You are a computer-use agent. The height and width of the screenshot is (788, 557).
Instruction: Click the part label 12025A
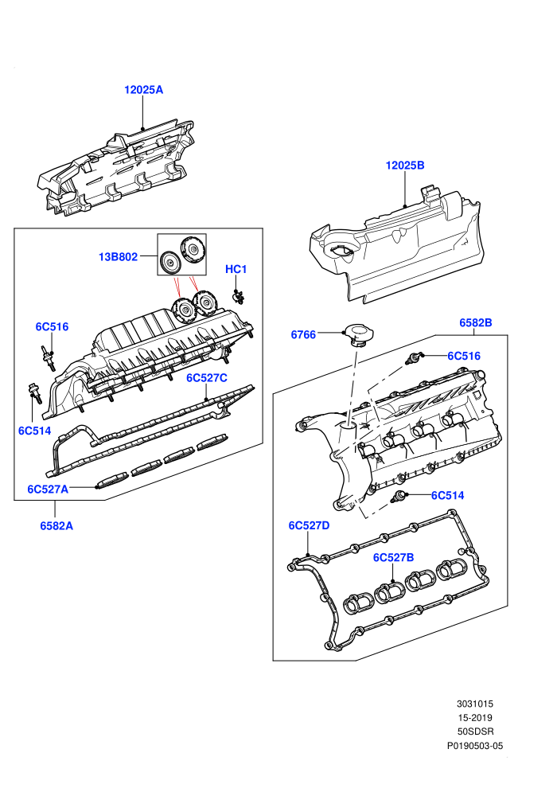coord(144,90)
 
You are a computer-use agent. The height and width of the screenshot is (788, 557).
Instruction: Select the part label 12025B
coord(405,166)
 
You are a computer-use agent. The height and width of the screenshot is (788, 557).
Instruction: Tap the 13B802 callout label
coord(118,257)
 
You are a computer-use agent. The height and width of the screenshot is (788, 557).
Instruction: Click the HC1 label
coord(236,269)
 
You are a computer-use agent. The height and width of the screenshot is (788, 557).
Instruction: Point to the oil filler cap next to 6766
coord(356,335)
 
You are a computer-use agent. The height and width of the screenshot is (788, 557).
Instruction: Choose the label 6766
coord(303,334)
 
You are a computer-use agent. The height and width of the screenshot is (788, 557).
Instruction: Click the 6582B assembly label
coord(476,322)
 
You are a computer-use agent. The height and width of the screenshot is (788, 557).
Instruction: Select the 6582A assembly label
coord(56,525)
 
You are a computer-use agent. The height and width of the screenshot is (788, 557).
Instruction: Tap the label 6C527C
coord(207,378)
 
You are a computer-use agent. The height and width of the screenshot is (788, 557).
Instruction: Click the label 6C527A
coord(48,489)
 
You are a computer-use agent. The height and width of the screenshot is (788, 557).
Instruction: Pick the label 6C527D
coord(309,525)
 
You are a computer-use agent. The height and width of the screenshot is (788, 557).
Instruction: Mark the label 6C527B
coord(393,557)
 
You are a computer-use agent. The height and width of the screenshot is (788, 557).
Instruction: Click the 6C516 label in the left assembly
coord(52,326)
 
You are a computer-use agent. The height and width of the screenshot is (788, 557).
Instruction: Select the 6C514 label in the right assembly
coord(447,496)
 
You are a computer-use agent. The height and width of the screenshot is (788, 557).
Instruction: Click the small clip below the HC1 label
coord(238,297)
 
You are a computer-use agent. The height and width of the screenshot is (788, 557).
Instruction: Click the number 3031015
coord(475,704)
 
